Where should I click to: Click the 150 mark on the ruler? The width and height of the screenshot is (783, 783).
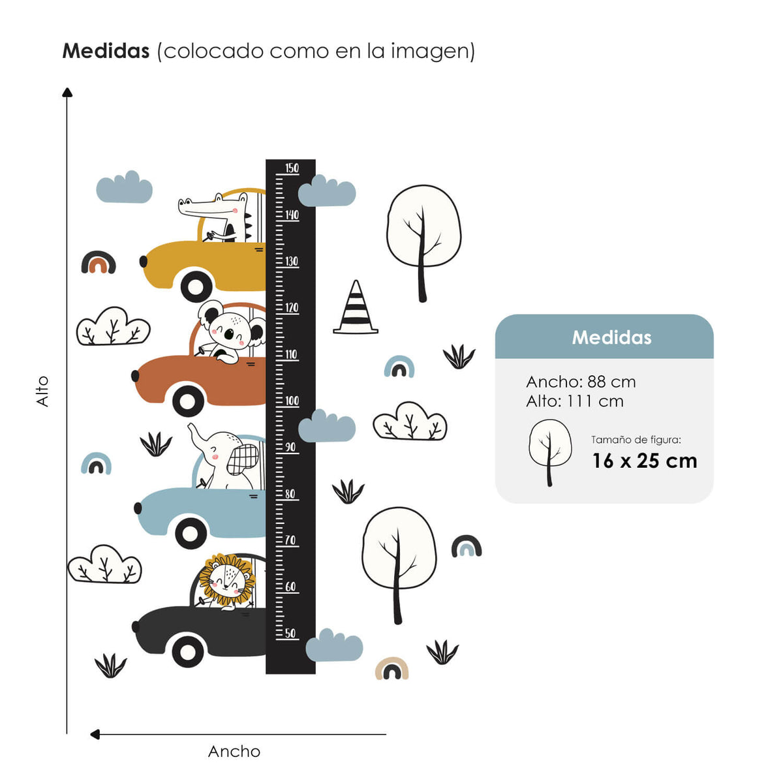pos(292,168)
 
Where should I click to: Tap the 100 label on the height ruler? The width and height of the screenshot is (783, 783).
pos(292,401)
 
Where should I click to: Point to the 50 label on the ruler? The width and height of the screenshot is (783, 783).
pos(290,633)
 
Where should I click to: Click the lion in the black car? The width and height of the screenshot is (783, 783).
pos(225,579)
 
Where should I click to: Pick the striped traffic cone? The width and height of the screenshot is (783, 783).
pos(356,308)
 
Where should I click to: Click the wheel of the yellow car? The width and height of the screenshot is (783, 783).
pos(196,286)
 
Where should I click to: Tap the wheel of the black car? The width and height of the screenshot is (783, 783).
pos(189,650)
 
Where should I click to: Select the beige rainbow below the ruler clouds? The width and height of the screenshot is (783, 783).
pos(391,668)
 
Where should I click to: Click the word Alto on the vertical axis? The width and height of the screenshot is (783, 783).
pos(42,391)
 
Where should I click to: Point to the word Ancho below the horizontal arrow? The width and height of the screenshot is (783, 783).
pos(234,752)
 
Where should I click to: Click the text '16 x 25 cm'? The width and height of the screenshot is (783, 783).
pos(645,461)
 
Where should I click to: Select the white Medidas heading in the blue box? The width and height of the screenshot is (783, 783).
pos(611,337)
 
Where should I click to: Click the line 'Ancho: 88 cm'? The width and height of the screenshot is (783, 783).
pos(581,382)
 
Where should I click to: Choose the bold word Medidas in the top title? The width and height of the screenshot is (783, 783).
pos(106,51)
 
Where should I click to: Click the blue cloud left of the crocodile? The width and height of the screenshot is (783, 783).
pos(124,188)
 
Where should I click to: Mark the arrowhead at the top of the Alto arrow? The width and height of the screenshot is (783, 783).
pos(67,92)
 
